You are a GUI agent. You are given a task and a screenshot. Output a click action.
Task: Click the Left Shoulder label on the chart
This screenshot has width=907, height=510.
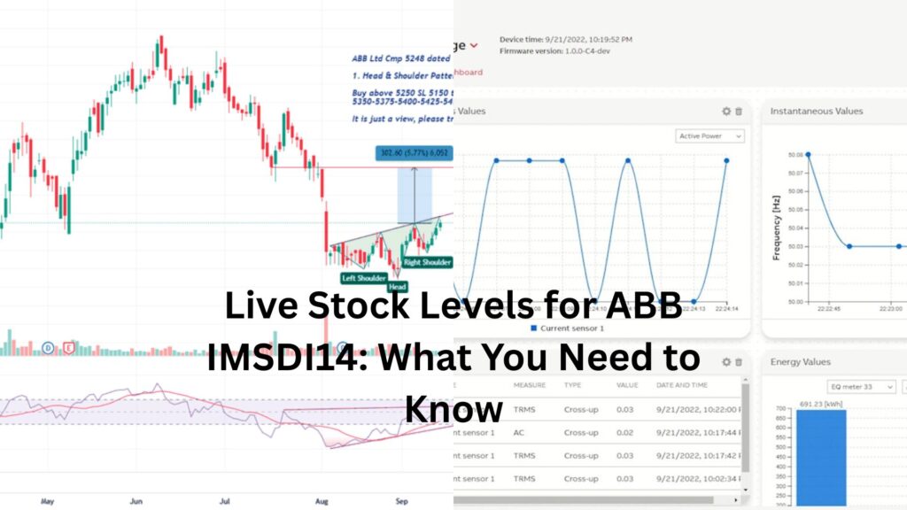tap(365, 278)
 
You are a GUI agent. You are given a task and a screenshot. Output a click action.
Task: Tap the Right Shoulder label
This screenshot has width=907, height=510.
tap(428, 262)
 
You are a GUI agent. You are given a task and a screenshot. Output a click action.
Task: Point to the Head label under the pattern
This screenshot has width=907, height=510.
tap(397, 287)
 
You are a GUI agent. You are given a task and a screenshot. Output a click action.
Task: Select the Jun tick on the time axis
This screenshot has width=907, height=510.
tap(136, 500)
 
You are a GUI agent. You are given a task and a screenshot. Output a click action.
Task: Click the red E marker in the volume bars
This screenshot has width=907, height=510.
tap(68, 348)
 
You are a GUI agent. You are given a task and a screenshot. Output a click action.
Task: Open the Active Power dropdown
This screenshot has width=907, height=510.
tap(710, 136)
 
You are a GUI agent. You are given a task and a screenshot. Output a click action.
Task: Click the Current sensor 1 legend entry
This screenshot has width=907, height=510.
tap(566, 328)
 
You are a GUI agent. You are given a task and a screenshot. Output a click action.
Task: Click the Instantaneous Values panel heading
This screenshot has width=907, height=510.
tap(817, 112)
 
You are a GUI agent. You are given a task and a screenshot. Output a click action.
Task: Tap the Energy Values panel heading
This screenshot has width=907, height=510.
tap(801, 362)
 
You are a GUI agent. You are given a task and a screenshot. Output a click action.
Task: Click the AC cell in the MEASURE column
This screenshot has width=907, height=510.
tap(519, 432)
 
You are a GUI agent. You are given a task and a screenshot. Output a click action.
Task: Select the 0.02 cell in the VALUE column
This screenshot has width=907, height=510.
tap(625, 432)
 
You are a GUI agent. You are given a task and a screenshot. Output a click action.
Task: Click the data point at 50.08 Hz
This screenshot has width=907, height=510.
tap(808, 154)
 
